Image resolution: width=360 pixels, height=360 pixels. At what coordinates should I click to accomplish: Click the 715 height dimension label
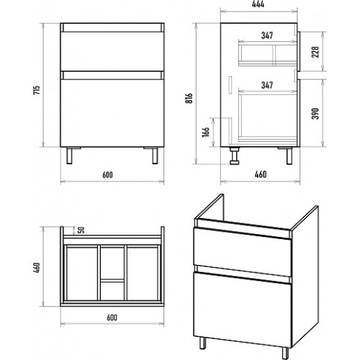[37, 90]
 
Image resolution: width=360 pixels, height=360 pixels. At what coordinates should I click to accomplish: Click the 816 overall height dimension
[189, 98]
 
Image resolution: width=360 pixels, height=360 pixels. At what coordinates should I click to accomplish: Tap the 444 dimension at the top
[258, 4]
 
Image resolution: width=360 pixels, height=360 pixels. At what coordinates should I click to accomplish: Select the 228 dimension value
[315, 52]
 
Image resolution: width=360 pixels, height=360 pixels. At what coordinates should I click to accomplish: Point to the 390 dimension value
[315, 113]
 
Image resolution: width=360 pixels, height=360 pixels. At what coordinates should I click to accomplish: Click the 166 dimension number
[206, 132]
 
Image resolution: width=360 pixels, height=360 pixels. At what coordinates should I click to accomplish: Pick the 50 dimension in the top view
[81, 230]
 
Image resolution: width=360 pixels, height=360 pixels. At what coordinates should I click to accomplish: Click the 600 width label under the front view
[107, 175]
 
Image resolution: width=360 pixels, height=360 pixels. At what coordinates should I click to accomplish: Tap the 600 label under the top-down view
[112, 318]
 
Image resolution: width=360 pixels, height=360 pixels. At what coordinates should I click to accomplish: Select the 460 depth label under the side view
[261, 174]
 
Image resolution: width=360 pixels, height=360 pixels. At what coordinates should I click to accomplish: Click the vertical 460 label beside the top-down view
[37, 269]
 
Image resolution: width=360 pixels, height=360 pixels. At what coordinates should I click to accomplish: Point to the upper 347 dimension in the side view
[267, 35]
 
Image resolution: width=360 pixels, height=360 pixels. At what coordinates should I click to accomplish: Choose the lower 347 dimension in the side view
[267, 85]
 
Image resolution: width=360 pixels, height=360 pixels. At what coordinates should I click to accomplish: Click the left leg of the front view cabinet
[69, 156]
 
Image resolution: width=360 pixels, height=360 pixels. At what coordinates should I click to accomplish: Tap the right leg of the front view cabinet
[155, 156]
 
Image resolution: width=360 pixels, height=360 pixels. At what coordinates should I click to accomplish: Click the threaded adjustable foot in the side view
[234, 156]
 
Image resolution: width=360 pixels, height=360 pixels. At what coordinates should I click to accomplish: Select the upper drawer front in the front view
[112, 51]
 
